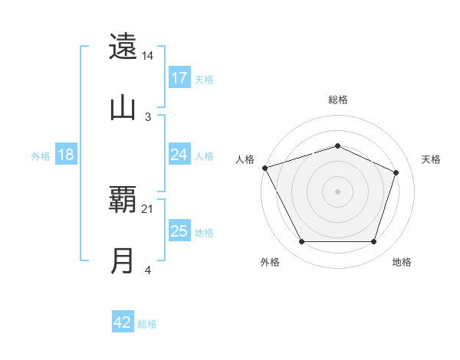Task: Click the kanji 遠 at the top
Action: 123,47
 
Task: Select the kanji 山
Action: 123,107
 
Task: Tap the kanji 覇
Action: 123,201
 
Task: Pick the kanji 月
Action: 123,261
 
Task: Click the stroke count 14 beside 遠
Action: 148,56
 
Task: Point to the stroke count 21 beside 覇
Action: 148,209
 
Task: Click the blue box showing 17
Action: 179,78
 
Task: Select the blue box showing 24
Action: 179,155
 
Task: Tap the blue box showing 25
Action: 179,231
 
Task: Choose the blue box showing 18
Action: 66,155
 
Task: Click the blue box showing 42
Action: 123,322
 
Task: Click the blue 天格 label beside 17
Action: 204,80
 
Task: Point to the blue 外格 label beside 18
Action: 41,156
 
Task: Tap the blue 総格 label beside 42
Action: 147,324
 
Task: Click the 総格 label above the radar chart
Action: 338,100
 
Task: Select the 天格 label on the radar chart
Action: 432,159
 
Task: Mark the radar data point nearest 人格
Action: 264,168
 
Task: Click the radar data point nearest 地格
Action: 373,242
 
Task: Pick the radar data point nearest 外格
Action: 301,242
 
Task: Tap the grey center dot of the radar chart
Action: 337,191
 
